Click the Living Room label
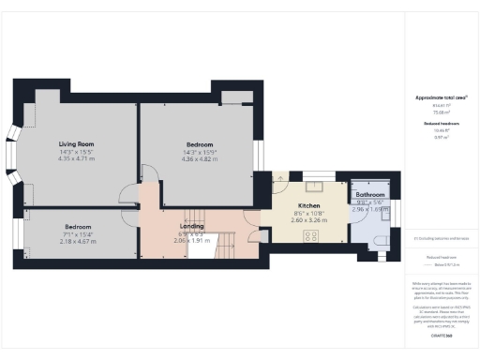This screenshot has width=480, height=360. click(x=76, y=144)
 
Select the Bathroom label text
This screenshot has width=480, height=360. click(x=370, y=194)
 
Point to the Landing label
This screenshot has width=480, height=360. click(x=193, y=225)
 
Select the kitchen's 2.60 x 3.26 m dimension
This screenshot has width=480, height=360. click(x=309, y=218)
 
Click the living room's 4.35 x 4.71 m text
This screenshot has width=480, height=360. click(x=76, y=158)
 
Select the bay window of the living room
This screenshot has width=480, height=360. click(x=17, y=173)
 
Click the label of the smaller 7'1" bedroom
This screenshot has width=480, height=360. click(x=78, y=228)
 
